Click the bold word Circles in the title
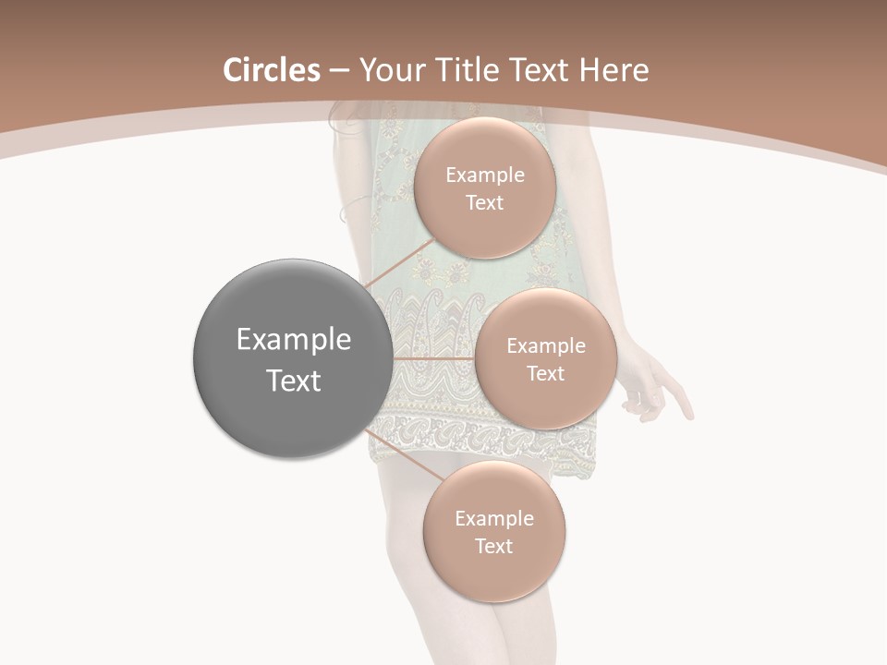click(271, 70)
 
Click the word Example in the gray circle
click(294, 340)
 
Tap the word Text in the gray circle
click(294, 380)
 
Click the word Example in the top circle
click(485, 175)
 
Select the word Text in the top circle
click(484, 202)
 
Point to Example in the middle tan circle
click(546, 345)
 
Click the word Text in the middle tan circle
click(545, 373)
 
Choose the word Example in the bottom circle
click(494, 518)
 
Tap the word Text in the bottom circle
click(493, 546)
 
